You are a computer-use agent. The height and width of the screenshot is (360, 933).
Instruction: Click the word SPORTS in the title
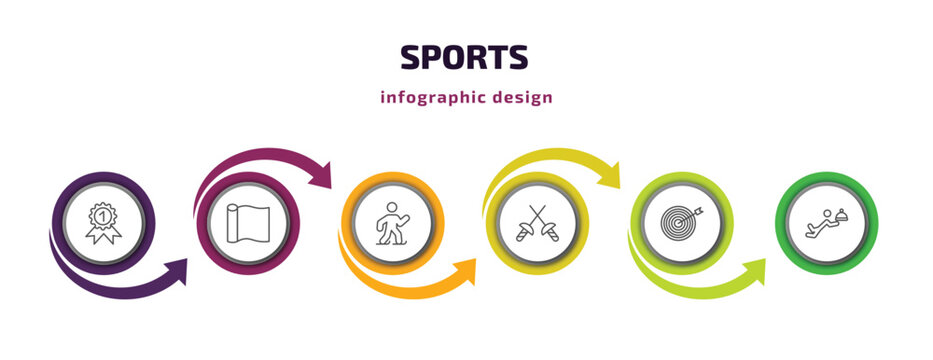464,58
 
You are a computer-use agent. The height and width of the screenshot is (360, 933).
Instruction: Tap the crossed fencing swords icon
536,222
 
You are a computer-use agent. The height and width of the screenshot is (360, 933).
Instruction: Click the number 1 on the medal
102,213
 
